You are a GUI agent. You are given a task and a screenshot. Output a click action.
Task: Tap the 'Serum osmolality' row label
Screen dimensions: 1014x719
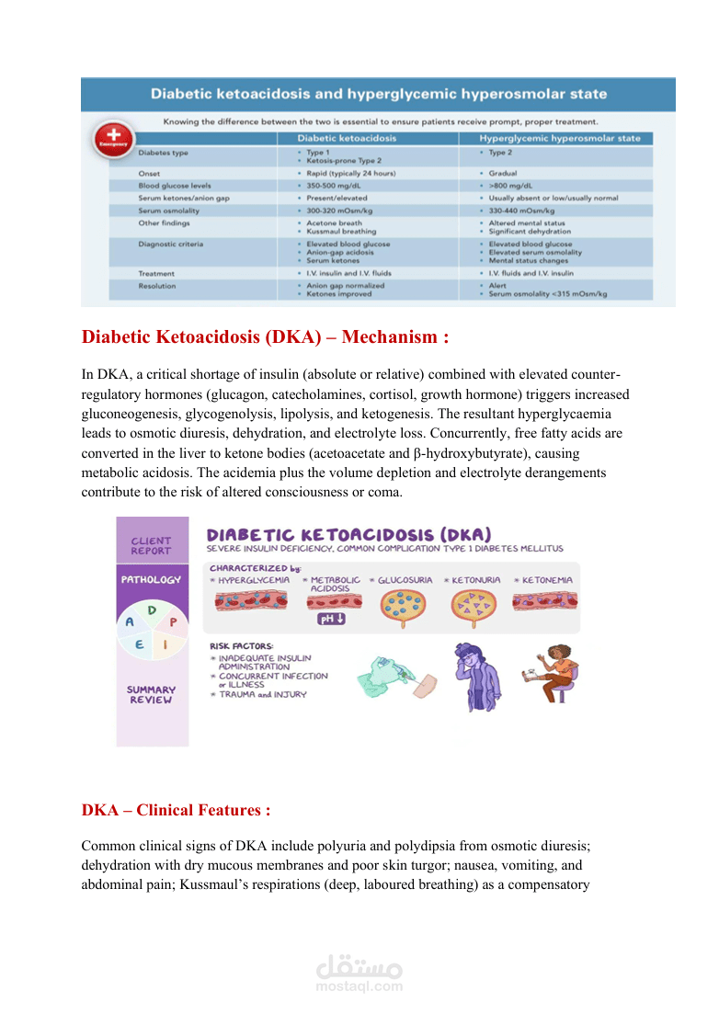[x=163, y=211]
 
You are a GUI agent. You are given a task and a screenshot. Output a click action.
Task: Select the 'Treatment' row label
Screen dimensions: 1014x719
[x=156, y=273]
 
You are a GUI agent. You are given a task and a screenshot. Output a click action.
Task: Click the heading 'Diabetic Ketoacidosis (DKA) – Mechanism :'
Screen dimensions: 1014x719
[x=265, y=337]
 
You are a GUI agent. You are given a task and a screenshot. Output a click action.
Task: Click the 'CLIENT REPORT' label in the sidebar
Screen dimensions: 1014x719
[x=151, y=546]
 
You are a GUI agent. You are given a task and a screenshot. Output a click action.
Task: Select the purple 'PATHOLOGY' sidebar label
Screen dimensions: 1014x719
[x=151, y=580]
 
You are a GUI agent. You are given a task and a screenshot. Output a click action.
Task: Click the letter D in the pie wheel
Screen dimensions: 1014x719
[x=152, y=610]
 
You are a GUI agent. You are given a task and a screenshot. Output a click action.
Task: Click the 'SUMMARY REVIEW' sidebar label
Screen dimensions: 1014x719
[x=151, y=695]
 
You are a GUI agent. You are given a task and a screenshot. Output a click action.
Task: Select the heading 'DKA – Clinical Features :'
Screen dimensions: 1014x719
[x=176, y=810]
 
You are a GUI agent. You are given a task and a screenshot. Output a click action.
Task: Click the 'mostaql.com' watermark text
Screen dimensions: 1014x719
[x=359, y=986]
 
